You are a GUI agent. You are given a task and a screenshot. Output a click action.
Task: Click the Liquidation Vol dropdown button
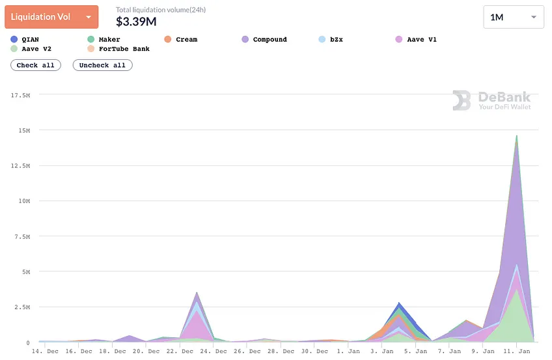51,17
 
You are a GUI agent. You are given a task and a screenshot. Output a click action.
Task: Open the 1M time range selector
514,17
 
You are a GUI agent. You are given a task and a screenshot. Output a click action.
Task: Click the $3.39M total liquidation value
136,22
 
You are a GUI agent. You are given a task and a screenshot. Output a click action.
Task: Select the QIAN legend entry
25,40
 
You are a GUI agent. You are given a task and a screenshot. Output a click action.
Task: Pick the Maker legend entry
104,40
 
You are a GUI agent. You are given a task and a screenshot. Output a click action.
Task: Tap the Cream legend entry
181,40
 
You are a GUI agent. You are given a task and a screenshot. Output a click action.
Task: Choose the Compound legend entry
264,40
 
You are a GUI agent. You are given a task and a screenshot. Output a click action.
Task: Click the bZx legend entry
331,40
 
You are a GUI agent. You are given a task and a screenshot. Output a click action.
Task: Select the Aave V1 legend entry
416,40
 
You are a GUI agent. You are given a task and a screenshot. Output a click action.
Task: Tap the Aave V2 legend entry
31,49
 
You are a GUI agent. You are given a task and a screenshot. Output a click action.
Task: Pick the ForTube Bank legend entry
118,49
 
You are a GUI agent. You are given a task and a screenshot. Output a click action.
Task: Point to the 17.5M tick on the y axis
20,95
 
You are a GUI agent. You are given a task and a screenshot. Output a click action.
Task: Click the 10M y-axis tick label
24,201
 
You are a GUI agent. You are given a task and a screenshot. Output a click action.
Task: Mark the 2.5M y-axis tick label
22,307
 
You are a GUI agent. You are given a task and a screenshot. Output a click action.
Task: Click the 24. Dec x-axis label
216,351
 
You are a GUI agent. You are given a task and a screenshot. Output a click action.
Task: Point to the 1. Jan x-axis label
348,351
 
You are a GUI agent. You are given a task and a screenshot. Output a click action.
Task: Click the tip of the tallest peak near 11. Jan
516,135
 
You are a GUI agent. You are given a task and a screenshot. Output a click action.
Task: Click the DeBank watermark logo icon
462,100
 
